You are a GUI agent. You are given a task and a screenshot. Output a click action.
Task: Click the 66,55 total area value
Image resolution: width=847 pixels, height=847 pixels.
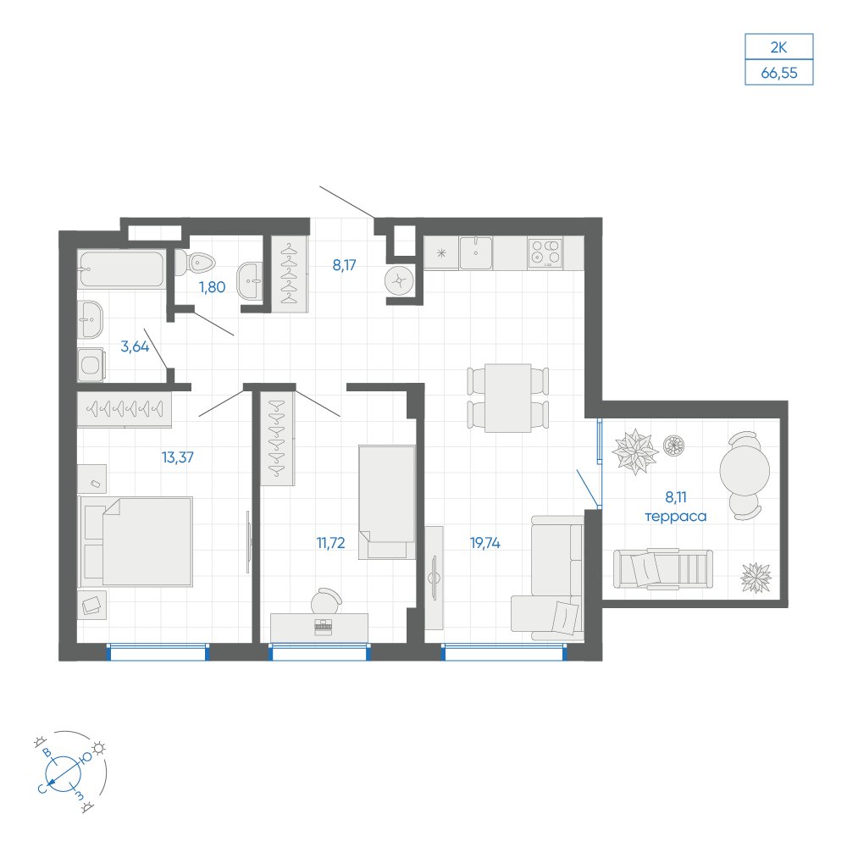point(779,73)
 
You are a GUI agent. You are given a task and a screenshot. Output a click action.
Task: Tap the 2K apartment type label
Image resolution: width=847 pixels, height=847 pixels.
point(778,47)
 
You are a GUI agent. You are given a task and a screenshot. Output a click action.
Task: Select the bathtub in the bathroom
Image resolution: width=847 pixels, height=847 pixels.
point(121,268)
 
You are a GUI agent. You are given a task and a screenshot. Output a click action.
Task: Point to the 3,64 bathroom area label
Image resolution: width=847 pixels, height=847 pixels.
point(135,346)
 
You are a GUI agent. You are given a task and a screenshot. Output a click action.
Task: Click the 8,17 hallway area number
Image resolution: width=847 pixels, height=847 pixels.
point(344,265)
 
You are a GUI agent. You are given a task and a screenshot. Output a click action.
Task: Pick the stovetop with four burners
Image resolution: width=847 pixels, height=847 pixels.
point(545,252)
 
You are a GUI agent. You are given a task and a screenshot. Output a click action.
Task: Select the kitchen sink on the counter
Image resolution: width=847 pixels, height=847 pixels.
point(475,252)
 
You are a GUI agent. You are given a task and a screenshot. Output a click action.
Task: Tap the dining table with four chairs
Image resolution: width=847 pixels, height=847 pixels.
point(507,398)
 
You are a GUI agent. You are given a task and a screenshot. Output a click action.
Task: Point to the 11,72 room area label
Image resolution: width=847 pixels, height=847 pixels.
point(330,542)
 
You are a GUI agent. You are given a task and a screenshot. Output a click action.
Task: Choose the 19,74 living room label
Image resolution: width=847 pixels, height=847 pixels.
point(485,543)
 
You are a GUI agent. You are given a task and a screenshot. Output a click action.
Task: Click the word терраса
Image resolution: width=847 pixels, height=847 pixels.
point(676,517)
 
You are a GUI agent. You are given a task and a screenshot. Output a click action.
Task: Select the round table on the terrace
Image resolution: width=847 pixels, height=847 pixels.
point(745,470)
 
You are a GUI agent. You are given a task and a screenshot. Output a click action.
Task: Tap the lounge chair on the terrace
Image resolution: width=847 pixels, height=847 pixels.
point(663,568)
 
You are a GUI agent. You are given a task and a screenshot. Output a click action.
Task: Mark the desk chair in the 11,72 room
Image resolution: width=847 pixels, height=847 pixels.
point(326,601)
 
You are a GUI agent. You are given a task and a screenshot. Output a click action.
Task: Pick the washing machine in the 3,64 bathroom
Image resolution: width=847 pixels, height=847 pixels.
point(91,364)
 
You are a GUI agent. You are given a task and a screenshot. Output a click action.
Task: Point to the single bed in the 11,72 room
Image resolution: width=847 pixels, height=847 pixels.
point(387,501)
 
